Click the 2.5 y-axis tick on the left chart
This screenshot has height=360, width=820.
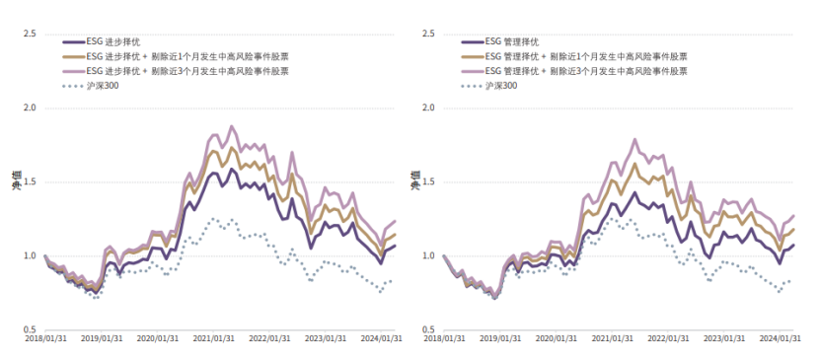[30, 35]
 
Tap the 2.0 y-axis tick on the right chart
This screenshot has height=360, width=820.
[428, 108]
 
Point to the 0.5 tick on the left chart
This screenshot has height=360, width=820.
[30, 329]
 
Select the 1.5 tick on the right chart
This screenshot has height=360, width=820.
[428, 182]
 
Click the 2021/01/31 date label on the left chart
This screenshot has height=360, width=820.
[213, 338]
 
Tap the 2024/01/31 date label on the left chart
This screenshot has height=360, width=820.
[383, 338]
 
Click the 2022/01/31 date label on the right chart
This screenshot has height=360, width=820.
[671, 338]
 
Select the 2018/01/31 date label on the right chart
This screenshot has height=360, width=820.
[446, 338]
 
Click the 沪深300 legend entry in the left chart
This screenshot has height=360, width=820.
[103, 86]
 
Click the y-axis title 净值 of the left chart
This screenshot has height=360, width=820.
[16, 181]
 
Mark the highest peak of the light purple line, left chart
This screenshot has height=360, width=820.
[232, 126]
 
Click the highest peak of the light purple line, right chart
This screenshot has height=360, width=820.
[634, 139]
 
